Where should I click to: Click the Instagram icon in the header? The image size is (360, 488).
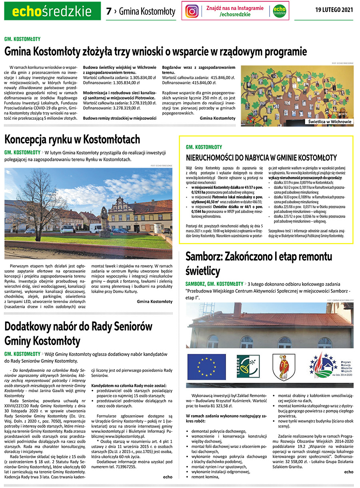(x=192, y=11)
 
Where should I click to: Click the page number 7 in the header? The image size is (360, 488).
(x=108, y=12)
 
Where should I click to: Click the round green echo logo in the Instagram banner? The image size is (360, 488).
(x=279, y=11)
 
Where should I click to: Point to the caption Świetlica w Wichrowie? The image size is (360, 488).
(x=330, y=122)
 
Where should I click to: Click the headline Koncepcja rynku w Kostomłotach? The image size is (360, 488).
(x=72, y=140)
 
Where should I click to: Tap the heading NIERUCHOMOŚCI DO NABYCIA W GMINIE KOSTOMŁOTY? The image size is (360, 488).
(x=262, y=157)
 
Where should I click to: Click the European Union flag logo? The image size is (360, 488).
(x=206, y=366)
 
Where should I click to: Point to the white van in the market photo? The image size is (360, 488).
(x=96, y=228)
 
